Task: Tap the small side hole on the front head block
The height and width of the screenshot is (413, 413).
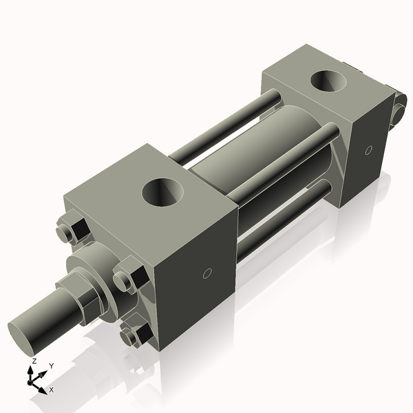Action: (206, 274)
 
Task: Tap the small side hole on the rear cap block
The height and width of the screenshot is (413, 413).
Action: (368, 149)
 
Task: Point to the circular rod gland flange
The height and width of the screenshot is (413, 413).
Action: (96, 265)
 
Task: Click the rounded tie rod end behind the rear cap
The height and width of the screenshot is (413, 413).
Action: (398, 110)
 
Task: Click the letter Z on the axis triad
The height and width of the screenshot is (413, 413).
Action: (34, 361)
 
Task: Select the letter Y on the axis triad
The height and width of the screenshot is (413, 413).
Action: (51, 365)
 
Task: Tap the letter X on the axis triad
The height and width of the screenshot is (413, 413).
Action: (51, 390)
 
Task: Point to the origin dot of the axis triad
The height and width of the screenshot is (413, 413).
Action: (32, 381)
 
